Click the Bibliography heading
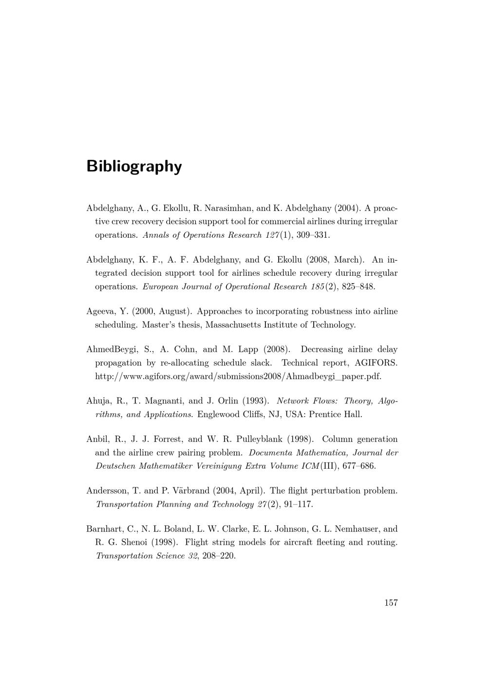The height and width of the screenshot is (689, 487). click(x=134, y=166)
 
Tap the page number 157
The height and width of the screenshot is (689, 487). click(x=391, y=603)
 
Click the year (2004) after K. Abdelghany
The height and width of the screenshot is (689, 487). click(x=347, y=208)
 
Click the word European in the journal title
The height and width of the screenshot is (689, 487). click(x=161, y=287)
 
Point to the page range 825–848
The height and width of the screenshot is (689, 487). click(x=359, y=287)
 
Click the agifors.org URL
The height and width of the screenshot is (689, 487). click(x=238, y=376)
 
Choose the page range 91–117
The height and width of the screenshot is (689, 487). click(x=298, y=504)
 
